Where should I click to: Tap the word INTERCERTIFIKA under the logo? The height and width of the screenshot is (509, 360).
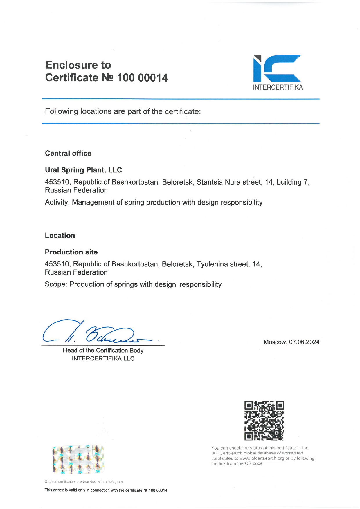pyautogui.click(x=278, y=87)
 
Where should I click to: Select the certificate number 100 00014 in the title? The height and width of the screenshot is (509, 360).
pyautogui.click(x=142, y=78)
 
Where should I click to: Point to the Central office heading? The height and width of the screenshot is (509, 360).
pyautogui.click(x=68, y=153)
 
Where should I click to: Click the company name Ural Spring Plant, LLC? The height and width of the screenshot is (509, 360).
pyautogui.click(x=83, y=170)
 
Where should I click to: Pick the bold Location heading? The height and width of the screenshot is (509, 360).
pyautogui.click(x=60, y=235)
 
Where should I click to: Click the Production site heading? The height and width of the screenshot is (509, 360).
pyautogui.click(x=71, y=252)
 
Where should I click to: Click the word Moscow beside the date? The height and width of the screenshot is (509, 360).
pyautogui.click(x=274, y=342)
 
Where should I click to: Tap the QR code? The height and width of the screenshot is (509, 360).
pyautogui.click(x=264, y=421)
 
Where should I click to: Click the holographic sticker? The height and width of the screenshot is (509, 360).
pyautogui.click(x=78, y=459)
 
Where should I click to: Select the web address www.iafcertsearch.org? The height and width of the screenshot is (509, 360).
pyautogui.click(x=262, y=458)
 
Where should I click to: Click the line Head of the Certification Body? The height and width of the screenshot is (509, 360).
pyautogui.click(x=103, y=350)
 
